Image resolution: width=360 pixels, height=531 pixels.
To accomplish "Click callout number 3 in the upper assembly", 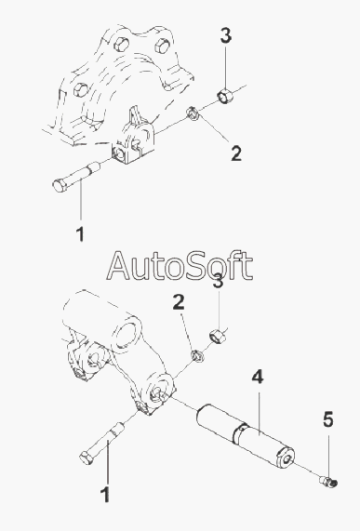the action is coord(226,36).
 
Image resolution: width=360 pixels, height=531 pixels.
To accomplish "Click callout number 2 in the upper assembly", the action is coord(236,153).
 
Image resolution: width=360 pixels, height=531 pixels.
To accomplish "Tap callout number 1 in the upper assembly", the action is coord(80,234).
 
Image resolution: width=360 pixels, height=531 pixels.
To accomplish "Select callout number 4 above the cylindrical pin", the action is coord(258,377).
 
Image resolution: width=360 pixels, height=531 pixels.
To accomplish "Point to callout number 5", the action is coord(327,419).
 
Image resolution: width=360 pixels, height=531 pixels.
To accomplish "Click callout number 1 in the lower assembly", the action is coord(106,495).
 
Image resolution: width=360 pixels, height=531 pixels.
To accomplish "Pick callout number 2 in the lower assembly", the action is coord(179,302).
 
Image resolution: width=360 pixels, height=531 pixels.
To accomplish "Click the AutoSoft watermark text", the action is coord(180,266).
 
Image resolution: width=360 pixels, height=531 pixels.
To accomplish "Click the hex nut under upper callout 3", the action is coord(224,95).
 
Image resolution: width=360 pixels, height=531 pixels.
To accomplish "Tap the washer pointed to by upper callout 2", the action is coord(193,113).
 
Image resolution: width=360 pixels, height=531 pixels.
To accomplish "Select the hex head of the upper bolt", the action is coord(60,185).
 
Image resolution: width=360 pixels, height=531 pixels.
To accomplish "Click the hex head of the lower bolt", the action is coord(87,458).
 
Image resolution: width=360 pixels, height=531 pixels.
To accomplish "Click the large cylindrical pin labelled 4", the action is coord(245,436).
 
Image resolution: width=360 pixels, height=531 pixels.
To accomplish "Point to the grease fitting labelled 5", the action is coord(328,482).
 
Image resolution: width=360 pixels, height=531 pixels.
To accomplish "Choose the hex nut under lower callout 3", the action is coord(218,337).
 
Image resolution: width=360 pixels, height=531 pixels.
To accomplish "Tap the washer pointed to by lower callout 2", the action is coord(197,355).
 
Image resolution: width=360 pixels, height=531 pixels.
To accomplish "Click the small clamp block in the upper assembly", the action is coord(133,139).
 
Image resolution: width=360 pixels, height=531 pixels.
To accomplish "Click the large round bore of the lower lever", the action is coord(127,333).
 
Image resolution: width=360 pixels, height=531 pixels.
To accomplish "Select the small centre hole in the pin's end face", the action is coord(287,459).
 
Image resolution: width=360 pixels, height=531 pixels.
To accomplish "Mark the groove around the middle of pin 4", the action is coord(240,433).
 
